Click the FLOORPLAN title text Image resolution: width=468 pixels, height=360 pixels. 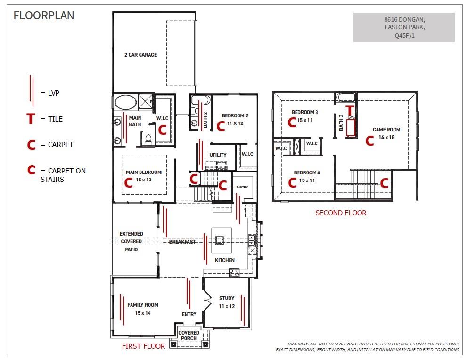click(44, 16)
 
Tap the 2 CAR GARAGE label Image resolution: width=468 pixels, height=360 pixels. click(140, 55)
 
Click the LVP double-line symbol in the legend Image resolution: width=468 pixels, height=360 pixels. click(31, 90)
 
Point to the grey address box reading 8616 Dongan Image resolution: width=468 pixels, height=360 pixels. click(404, 27)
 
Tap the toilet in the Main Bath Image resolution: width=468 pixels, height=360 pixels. click(148, 139)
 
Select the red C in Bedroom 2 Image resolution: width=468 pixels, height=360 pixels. click(220, 126)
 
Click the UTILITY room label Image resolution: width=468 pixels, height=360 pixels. click(218, 155)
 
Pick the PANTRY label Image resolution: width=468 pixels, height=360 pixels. click(242, 187)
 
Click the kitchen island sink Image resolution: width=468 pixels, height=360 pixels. click(219, 240)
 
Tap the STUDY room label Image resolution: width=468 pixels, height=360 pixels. click(227, 298)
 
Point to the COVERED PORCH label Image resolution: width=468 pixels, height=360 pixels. click(189, 336)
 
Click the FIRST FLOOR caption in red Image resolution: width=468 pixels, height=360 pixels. click(143, 346)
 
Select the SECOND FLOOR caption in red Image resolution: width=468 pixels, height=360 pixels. click(340, 213)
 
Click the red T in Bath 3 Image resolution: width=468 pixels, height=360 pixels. click(350, 110)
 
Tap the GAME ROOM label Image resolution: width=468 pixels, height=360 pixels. click(386, 130)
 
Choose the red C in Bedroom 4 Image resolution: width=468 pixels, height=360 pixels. click(292, 183)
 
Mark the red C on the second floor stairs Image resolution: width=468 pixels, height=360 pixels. click(385, 183)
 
